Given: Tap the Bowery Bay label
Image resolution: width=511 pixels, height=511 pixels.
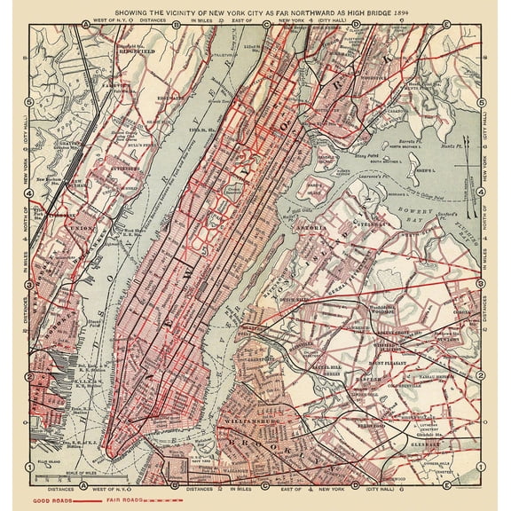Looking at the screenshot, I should coord(424,213).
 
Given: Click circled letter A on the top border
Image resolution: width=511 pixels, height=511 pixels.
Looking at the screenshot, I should coord(84,24).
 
